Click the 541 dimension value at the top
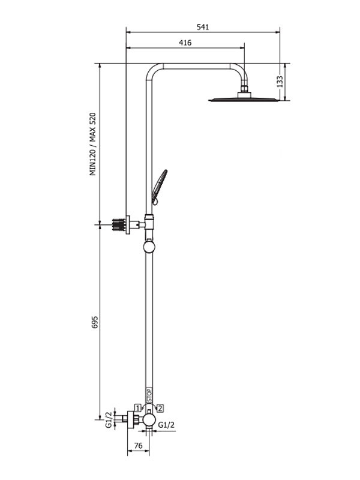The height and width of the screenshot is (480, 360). point(203,26)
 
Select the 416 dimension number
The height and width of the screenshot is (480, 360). point(185,43)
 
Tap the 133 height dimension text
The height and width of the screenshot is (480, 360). point(280,81)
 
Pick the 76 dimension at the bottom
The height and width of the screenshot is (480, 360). point(137,445)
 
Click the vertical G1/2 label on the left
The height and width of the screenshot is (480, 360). point(109,419)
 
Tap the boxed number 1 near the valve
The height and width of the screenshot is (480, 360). point(138,408)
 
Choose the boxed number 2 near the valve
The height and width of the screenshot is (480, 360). point(160,408)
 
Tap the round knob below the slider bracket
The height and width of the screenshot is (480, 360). point(149,247)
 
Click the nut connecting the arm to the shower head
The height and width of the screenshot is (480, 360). point(244,92)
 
